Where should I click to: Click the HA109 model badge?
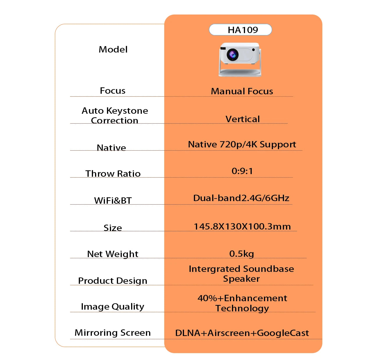[240, 30]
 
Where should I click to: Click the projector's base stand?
[240, 73]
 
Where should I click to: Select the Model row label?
[113, 49]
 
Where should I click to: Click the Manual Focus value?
[242, 91]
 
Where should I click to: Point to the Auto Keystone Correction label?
[115, 115]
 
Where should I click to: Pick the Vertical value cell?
[242, 119]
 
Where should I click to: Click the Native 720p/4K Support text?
[242, 144]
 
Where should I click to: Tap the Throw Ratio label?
[113, 174]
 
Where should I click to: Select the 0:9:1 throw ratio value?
[242, 171]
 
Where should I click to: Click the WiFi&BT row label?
[113, 200]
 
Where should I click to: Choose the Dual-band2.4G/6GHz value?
[241, 198]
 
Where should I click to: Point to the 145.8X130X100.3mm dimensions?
[242, 226]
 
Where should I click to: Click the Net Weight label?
[113, 254]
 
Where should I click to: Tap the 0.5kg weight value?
[242, 254]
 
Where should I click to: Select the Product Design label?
[112, 281]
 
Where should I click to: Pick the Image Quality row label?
[112, 306]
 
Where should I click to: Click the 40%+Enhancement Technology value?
[242, 303]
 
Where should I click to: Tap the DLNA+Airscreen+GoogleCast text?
[242, 333]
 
